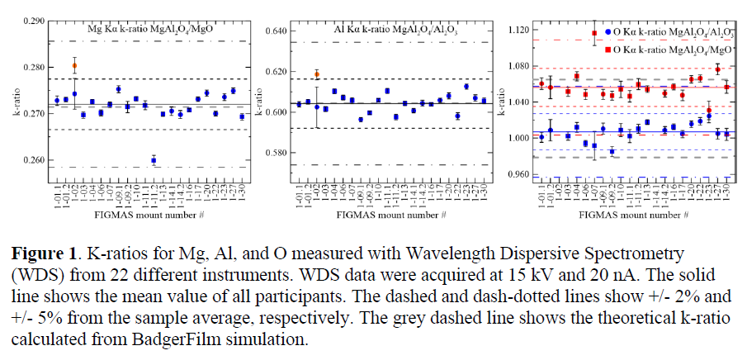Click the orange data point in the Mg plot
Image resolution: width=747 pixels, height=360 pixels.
[x=74, y=65]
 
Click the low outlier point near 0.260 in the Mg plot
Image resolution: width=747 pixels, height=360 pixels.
[x=154, y=159]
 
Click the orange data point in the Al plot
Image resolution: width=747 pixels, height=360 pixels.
[x=317, y=74]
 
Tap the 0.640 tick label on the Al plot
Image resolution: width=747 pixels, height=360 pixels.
[x=277, y=31]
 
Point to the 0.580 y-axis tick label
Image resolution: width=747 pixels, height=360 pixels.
[x=277, y=153]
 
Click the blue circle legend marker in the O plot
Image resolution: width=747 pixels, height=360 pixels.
[x=608, y=31]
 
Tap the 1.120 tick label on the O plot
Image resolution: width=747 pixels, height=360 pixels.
[x=519, y=30]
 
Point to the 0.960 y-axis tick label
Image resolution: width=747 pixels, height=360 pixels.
[x=519, y=174]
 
